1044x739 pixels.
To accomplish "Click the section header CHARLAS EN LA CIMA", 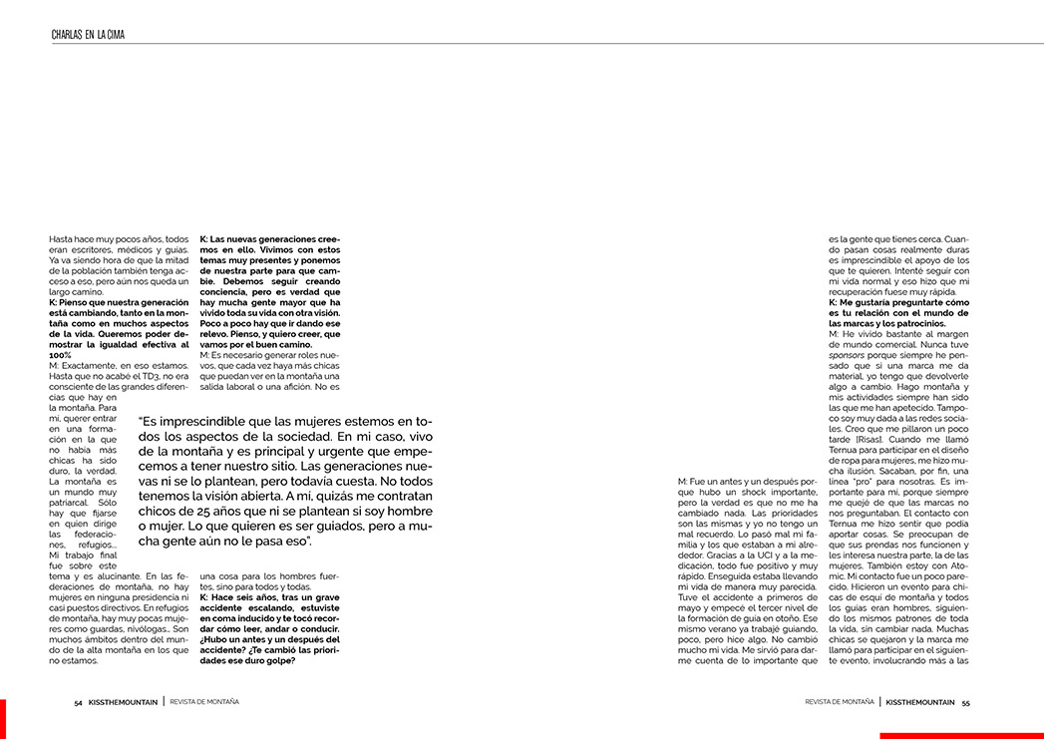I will click(88, 35).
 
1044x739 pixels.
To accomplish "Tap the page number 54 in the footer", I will click(78, 702).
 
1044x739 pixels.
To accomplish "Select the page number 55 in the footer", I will click(965, 702).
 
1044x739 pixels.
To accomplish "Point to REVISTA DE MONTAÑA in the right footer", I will click(840, 702).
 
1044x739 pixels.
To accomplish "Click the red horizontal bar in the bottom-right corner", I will click(961, 736).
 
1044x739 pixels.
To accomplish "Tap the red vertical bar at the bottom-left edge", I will click(3, 718).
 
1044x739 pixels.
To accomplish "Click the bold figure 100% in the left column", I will click(60, 355).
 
